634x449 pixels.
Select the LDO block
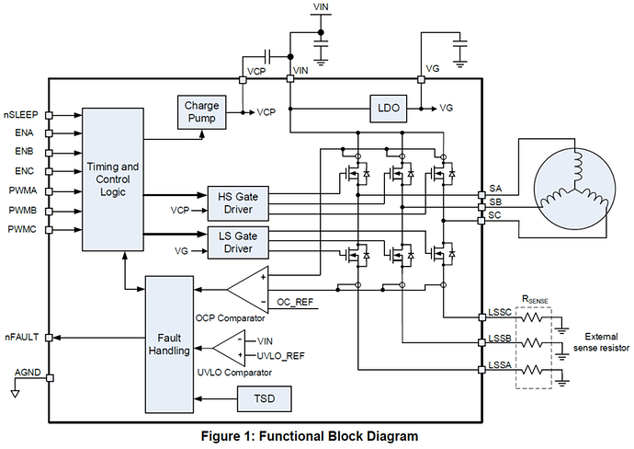point(387,108)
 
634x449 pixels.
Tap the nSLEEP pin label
point(22,115)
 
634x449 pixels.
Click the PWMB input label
point(23,211)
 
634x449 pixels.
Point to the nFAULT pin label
point(22,337)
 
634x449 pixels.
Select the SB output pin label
point(496,201)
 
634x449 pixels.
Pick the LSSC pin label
point(501,313)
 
